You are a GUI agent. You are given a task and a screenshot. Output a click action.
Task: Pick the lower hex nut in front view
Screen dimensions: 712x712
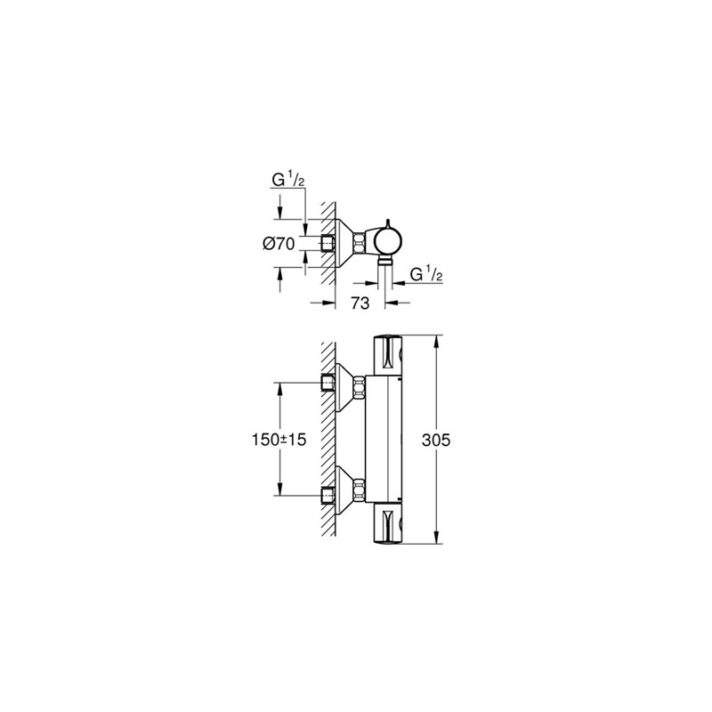[359, 489]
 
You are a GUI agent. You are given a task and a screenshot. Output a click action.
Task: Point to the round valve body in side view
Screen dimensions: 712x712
[388, 241]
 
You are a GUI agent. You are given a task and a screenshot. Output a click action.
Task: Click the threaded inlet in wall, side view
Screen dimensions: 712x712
[327, 243]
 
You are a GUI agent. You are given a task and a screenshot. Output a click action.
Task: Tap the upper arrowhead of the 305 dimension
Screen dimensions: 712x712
[436, 341]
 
